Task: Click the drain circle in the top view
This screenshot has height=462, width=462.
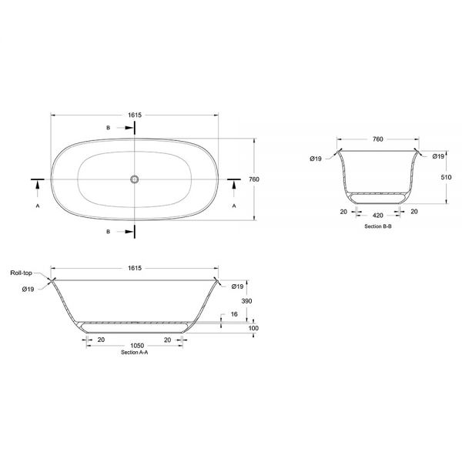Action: pos(134,179)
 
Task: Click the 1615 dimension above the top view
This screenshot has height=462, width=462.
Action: pos(135,115)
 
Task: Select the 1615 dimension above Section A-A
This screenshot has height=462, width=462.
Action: pos(135,268)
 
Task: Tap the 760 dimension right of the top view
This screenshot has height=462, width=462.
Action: pos(254,179)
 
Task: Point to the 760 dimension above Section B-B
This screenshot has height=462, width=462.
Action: pos(378,139)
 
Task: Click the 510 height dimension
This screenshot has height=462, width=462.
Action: pos(446,177)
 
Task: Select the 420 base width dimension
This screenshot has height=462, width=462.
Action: pos(378,216)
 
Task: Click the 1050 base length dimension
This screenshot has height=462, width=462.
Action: pos(137,346)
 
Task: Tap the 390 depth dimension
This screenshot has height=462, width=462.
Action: pos(246,301)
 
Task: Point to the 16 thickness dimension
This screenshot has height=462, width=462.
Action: pos(234,314)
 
